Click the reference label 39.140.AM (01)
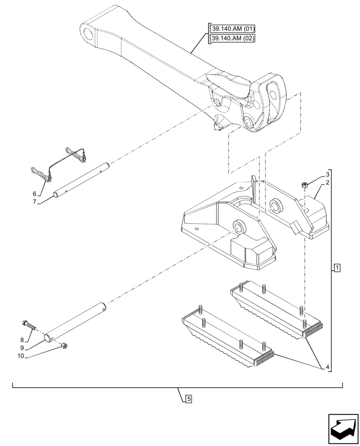point(233,29)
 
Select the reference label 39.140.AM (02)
point(233,38)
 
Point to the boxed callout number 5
point(188,399)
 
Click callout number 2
point(327,183)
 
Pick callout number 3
point(327,174)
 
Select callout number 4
point(327,368)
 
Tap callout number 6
point(34,194)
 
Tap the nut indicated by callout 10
point(65,345)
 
